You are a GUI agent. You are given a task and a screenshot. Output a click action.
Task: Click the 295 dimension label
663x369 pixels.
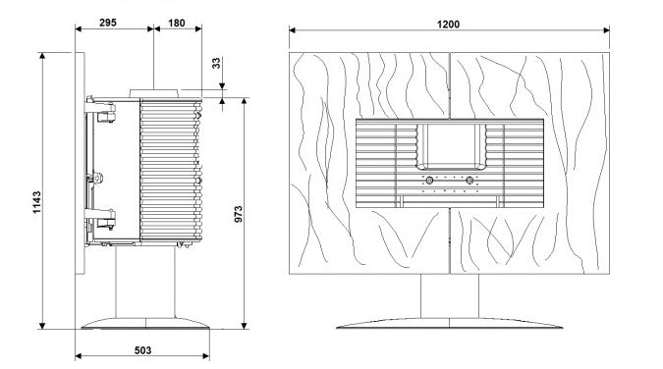click(x=108, y=23)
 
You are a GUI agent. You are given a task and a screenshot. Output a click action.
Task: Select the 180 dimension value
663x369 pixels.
click(x=177, y=23)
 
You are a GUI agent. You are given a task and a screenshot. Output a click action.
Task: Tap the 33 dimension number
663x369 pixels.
click(x=216, y=64)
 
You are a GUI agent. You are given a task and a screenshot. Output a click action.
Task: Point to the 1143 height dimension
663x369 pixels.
click(x=37, y=202)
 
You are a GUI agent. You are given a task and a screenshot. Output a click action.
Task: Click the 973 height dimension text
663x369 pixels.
click(x=239, y=214)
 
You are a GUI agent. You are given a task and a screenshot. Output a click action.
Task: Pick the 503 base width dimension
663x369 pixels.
click(x=143, y=350)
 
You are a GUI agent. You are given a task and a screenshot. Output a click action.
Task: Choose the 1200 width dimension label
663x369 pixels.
click(x=448, y=25)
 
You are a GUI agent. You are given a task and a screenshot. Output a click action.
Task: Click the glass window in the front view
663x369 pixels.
click(x=451, y=146)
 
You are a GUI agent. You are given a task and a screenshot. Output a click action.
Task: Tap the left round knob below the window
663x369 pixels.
click(x=429, y=181)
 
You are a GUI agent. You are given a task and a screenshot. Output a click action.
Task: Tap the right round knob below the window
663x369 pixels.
click(x=470, y=181)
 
